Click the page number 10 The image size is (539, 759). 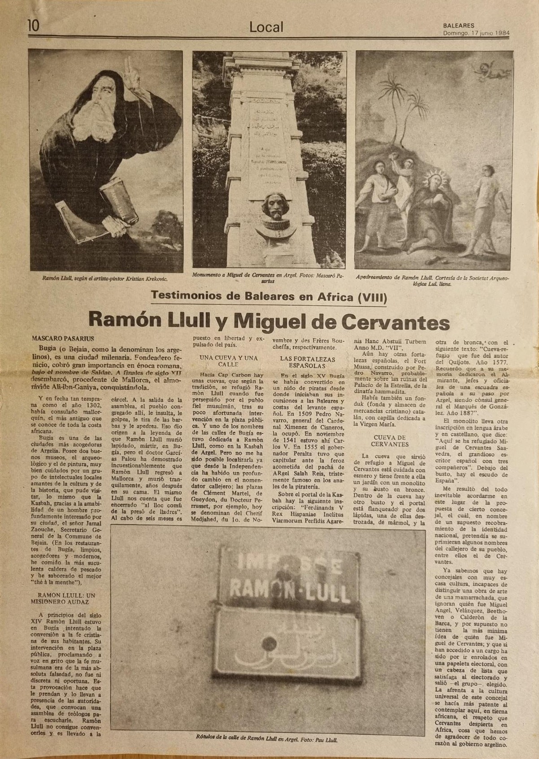tap(34, 26)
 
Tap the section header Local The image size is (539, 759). tap(266, 27)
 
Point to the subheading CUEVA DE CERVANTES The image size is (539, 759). tap(389, 441)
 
